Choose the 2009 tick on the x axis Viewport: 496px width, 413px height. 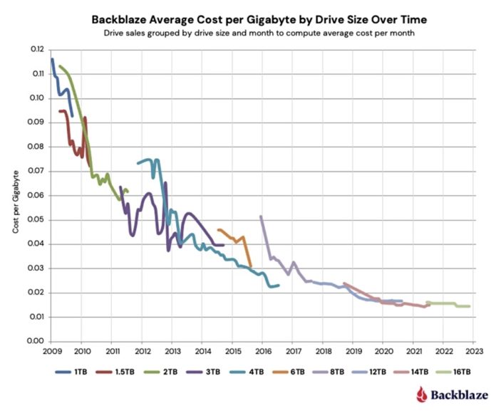point(51,351)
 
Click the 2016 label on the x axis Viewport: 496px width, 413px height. point(262,351)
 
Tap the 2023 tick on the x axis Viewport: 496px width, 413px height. point(474,351)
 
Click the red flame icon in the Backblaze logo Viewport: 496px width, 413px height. point(422,394)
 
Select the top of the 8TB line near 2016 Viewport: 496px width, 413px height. point(261,216)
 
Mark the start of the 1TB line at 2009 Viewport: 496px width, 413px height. point(52,59)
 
